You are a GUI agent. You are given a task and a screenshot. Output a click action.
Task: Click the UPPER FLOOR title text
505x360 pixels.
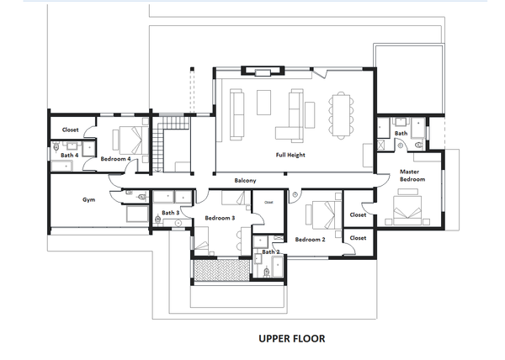click(x=292, y=338)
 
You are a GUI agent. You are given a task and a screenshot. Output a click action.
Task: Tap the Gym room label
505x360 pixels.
click(x=88, y=199)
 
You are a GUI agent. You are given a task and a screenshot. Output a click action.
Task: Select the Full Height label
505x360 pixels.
click(x=290, y=155)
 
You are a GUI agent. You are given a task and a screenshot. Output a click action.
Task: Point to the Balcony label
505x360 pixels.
click(x=245, y=181)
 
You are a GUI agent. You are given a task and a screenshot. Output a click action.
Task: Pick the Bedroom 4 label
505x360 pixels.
click(x=115, y=159)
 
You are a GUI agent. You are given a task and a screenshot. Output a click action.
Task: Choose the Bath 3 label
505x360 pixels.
click(x=170, y=213)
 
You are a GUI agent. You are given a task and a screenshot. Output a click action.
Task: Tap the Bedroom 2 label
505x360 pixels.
click(x=310, y=240)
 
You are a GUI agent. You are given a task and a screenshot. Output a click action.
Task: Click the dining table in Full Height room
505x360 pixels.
click(x=341, y=115)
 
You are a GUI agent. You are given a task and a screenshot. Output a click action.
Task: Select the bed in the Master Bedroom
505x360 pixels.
click(x=407, y=208)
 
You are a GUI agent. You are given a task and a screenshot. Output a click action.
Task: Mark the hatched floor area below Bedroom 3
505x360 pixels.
click(x=222, y=270)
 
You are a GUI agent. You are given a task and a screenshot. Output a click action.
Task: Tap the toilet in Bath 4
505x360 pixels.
click(x=56, y=147)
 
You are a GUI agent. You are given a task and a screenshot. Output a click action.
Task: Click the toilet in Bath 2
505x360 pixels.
click(x=266, y=273)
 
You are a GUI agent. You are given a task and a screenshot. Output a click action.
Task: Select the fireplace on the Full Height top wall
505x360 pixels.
click(x=263, y=71)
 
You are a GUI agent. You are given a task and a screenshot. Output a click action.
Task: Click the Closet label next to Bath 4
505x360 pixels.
click(x=70, y=130)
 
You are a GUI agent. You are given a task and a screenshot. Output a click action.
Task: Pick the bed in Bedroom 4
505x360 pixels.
click(x=130, y=140)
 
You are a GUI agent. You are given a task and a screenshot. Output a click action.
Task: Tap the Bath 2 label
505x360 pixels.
click(x=270, y=251)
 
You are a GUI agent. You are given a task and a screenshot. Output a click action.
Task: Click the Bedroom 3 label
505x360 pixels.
click(x=220, y=218)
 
